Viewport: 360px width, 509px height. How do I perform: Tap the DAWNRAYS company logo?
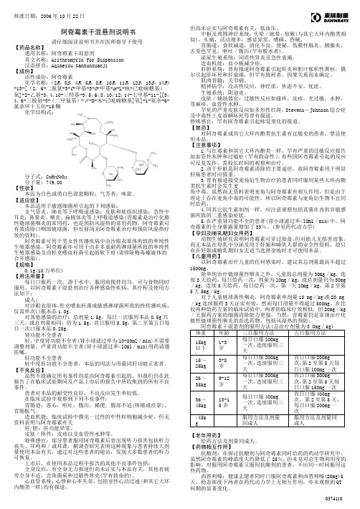pos(331,13)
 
